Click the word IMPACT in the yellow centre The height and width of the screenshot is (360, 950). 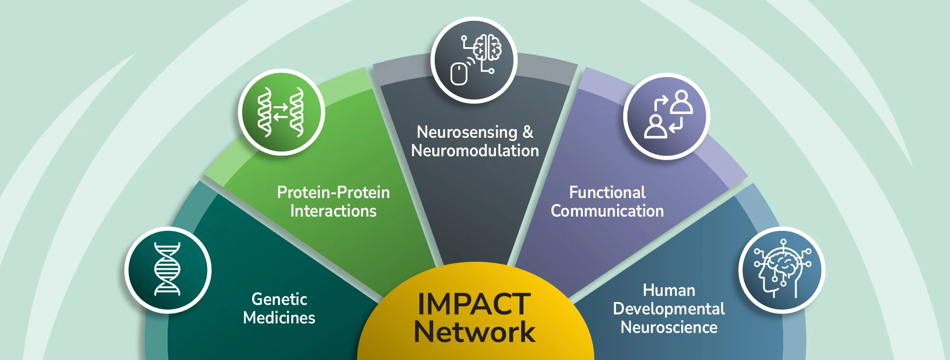point(474,304)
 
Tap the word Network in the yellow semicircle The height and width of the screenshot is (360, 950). point(475,332)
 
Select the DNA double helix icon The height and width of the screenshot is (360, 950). point(168,269)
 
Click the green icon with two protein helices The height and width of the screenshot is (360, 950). point(281,112)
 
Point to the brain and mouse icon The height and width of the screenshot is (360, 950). point(474,60)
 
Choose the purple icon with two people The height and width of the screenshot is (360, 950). point(667,116)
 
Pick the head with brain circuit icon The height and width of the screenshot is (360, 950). point(782,270)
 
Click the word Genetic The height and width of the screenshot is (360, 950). point(279,299)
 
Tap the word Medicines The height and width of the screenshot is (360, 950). point(279,318)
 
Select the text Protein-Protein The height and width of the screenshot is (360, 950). point(333,192)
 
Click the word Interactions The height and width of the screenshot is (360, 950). point(333,211)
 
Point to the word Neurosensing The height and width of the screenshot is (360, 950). point(467,133)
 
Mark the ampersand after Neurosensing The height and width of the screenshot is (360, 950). point(528,132)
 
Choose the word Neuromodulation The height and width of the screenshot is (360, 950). point(475,151)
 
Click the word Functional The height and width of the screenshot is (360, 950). point(608,192)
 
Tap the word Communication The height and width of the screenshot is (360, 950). point(608,211)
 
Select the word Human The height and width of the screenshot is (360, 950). point(669,290)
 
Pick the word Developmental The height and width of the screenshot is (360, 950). point(669,309)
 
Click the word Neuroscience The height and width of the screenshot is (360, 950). point(669,327)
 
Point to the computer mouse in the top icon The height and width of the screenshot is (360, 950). point(459,74)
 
